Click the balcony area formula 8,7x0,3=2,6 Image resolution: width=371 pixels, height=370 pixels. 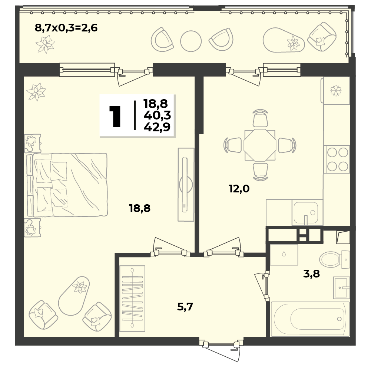point(66,28)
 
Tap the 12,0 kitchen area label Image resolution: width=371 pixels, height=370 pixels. point(239,189)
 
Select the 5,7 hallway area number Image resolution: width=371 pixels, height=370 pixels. point(185,307)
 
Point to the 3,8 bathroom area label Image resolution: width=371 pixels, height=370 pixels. point(311,274)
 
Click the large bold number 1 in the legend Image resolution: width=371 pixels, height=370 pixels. point(115,116)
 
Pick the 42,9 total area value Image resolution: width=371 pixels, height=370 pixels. point(157,127)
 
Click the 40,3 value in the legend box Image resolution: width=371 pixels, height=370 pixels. point(157,115)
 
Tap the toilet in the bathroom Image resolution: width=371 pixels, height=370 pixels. point(334,259)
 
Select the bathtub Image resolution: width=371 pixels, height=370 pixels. point(310,319)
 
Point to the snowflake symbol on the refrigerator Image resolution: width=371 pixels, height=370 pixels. point(336,91)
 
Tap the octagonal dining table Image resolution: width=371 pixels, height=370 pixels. point(260,145)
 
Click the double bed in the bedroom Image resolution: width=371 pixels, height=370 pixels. point(67,185)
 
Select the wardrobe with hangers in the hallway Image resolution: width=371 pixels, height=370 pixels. point(132,298)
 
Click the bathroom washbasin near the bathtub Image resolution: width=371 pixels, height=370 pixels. point(341,287)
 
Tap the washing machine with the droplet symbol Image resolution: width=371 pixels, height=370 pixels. point(284,255)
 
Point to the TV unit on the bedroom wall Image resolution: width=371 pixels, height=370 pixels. point(186,185)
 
